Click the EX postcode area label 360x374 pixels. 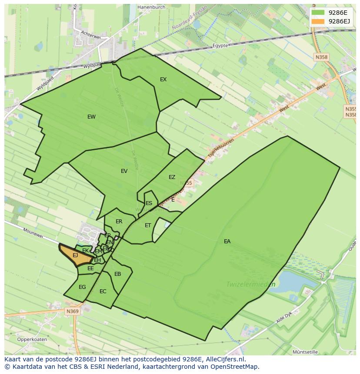[163, 79]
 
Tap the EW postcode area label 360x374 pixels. [91, 117]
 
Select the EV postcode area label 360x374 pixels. [124, 171]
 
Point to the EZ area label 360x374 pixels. [172, 177]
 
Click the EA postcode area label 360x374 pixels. [227, 242]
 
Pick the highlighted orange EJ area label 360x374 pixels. [75, 255]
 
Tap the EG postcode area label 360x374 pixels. [82, 287]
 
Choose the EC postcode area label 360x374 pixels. [103, 291]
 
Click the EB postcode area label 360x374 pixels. [117, 274]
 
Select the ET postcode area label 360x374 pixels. [148, 225]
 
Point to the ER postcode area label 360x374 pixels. [119, 222]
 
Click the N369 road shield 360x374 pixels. [73, 311]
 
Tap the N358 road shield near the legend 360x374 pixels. [322, 57]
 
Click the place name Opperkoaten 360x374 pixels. [32, 340]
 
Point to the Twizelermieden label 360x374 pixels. [251, 285]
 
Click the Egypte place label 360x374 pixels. [220, 46]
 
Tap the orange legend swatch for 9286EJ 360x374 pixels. [318, 21]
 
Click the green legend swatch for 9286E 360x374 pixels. [318, 13]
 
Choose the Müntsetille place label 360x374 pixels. [305, 352]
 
